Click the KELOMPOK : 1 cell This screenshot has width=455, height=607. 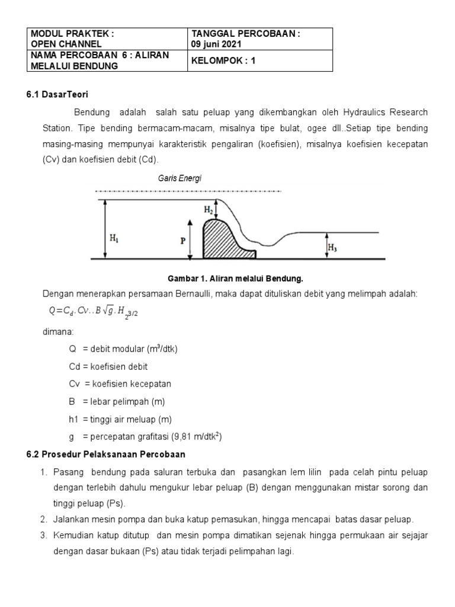222,60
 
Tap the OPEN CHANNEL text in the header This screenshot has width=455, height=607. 66,44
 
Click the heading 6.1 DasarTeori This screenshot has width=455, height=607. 57,94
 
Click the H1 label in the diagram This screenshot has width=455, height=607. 113,238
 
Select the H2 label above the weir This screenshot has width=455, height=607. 208,210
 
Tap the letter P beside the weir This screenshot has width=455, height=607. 183,241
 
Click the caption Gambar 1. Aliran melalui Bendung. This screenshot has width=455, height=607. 236,277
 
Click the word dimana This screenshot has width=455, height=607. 57,332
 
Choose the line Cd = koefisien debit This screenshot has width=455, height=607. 108,366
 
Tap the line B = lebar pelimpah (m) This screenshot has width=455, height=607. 117,401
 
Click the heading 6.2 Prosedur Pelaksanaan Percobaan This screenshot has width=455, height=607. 107,455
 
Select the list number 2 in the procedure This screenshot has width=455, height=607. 44,519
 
